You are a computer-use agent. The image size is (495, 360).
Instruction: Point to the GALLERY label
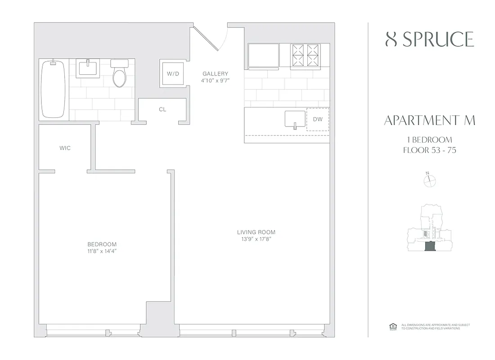215,74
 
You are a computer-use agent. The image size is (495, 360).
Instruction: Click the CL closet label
162,109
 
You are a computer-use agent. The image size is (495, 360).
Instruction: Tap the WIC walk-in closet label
65,148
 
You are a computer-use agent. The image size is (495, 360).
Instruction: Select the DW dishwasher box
318,120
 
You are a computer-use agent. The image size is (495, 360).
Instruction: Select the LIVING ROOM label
256,232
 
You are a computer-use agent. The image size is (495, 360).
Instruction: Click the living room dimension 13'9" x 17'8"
256,239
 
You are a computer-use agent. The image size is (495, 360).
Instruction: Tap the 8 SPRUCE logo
430,40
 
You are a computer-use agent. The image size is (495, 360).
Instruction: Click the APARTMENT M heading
430,121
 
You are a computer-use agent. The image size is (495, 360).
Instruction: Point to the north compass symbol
430,180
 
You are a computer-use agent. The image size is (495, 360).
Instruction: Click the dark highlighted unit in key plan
430,246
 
